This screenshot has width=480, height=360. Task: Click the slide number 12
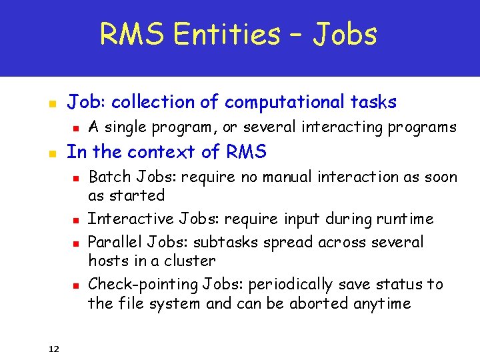tap(54, 348)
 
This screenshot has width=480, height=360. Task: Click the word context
tap(167, 152)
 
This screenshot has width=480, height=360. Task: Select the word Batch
tap(109, 177)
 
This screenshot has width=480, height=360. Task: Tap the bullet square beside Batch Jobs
tap(76, 179)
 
